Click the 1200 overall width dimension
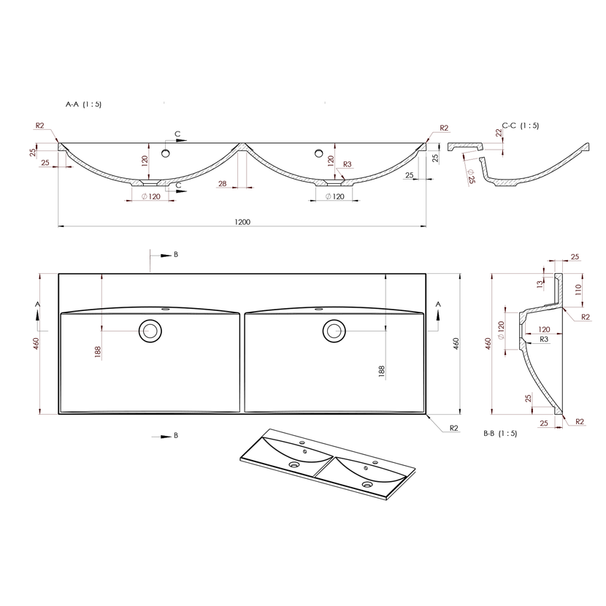pos(242,222)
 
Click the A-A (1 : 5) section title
pos(83,104)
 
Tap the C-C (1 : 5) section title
pos(520,126)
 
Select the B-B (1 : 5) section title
pos(500,433)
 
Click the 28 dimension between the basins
pos(222,183)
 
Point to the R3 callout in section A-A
pos(347,164)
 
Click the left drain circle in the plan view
pos(150,331)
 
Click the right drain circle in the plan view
pos(334,331)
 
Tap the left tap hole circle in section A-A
pos(166,153)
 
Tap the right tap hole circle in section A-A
pos(318,153)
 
